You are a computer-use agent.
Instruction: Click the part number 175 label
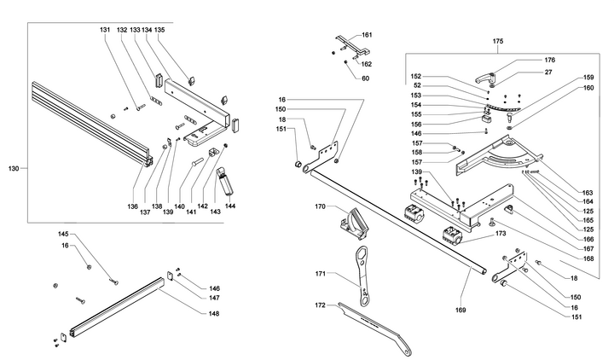click(498, 41)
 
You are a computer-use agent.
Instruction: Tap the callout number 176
click(549, 60)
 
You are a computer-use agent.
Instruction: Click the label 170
click(321, 206)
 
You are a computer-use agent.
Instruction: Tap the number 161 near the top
click(367, 35)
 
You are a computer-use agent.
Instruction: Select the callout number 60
click(365, 78)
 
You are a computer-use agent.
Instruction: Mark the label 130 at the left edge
click(13, 169)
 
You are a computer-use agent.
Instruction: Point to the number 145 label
click(63, 234)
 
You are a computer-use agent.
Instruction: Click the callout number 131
click(105, 30)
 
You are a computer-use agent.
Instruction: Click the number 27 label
click(549, 74)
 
